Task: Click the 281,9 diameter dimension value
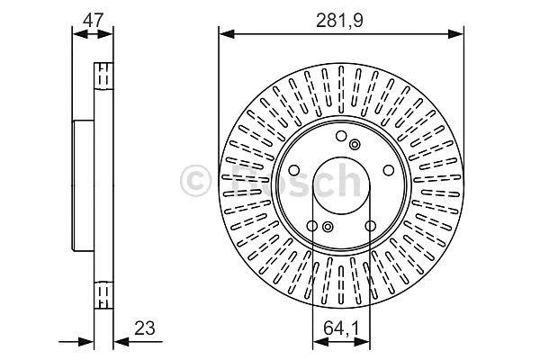click(x=339, y=22)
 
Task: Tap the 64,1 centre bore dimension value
click(x=341, y=328)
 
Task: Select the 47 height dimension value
click(x=93, y=20)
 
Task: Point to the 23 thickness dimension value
click(x=145, y=328)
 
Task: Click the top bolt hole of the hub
click(x=341, y=136)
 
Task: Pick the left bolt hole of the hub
click(x=294, y=170)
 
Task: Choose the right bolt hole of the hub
click(x=389, y=170)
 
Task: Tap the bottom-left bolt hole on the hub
click(x=312, y=226)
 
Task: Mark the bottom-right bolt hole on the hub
click(x=371, y=226)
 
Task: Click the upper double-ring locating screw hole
click(x=355, y=144)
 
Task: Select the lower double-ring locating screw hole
click(x=328, y=226)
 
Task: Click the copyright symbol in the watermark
click(x=195, y=180)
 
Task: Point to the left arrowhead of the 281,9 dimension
click(x=227, y=34)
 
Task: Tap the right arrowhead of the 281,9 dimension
click(x=455, y=34)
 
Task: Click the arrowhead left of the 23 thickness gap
click(x=86, y=342)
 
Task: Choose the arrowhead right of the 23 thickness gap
click(x=121, y=342)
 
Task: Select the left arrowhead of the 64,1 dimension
click(x=320, y=342)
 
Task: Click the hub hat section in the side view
click(x=83, y=185)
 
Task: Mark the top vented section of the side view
click(x=103, y=76)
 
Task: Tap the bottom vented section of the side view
click(x=103, y=295)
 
